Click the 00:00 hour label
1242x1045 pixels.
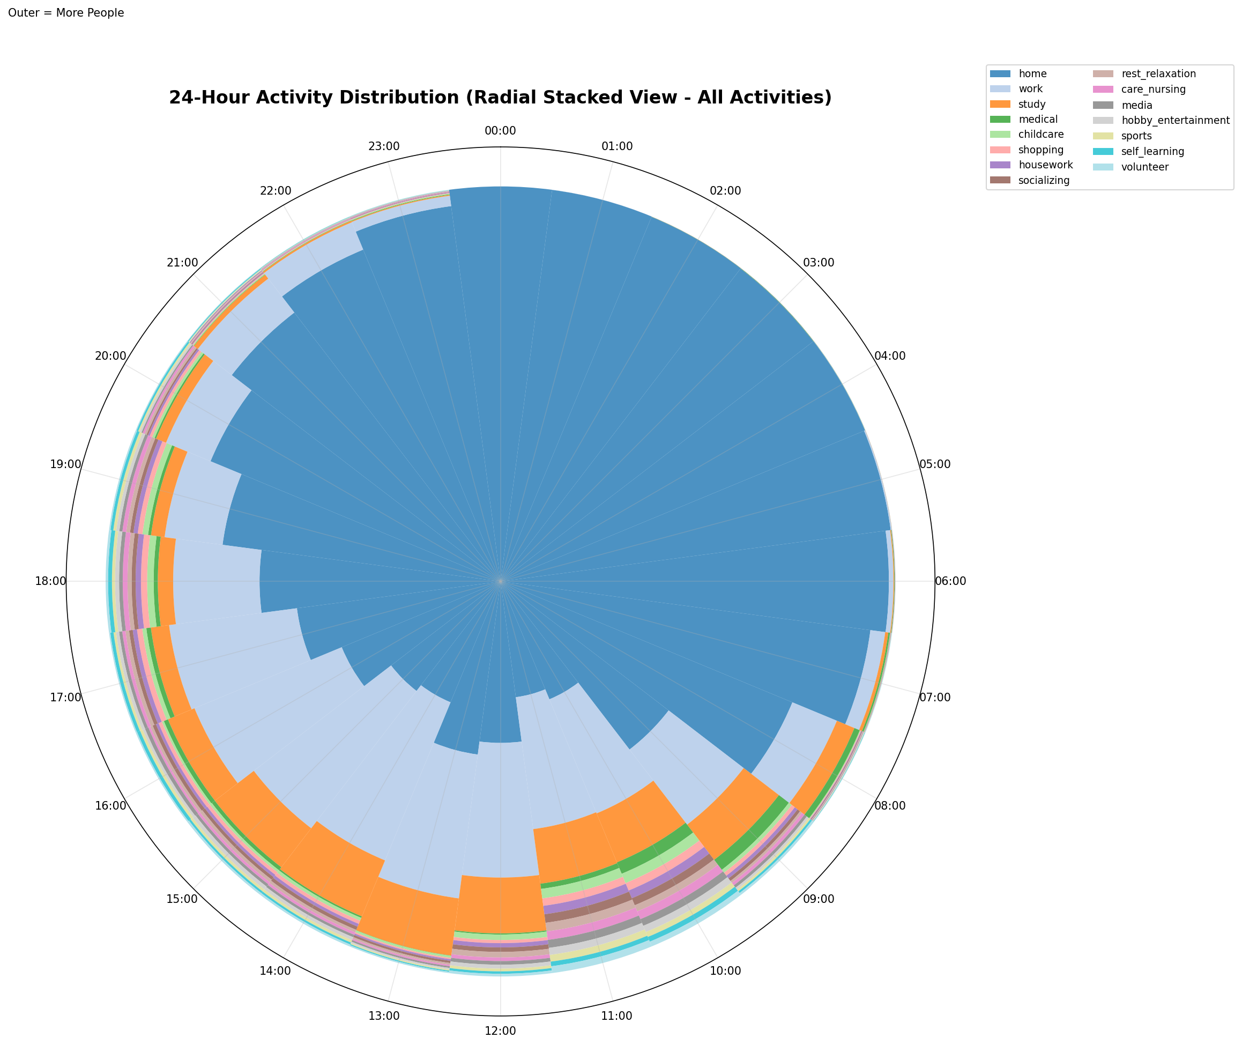point(500,131)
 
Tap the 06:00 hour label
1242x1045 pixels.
point(950,581)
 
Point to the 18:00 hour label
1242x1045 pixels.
point(51,581)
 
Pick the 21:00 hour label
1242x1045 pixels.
point(182,262)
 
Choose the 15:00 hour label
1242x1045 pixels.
point(182,899)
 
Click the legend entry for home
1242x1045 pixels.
point(1032,74)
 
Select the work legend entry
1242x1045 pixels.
point(1031,89)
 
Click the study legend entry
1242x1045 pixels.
point(1032,104)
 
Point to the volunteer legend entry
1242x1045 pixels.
point(1145,167)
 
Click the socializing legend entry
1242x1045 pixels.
point(1044,181)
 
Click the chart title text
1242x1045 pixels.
point(500,97)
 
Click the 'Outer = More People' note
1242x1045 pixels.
point(66,13)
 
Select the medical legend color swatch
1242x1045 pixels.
point(1001,120)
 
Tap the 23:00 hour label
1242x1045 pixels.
point(384,146)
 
